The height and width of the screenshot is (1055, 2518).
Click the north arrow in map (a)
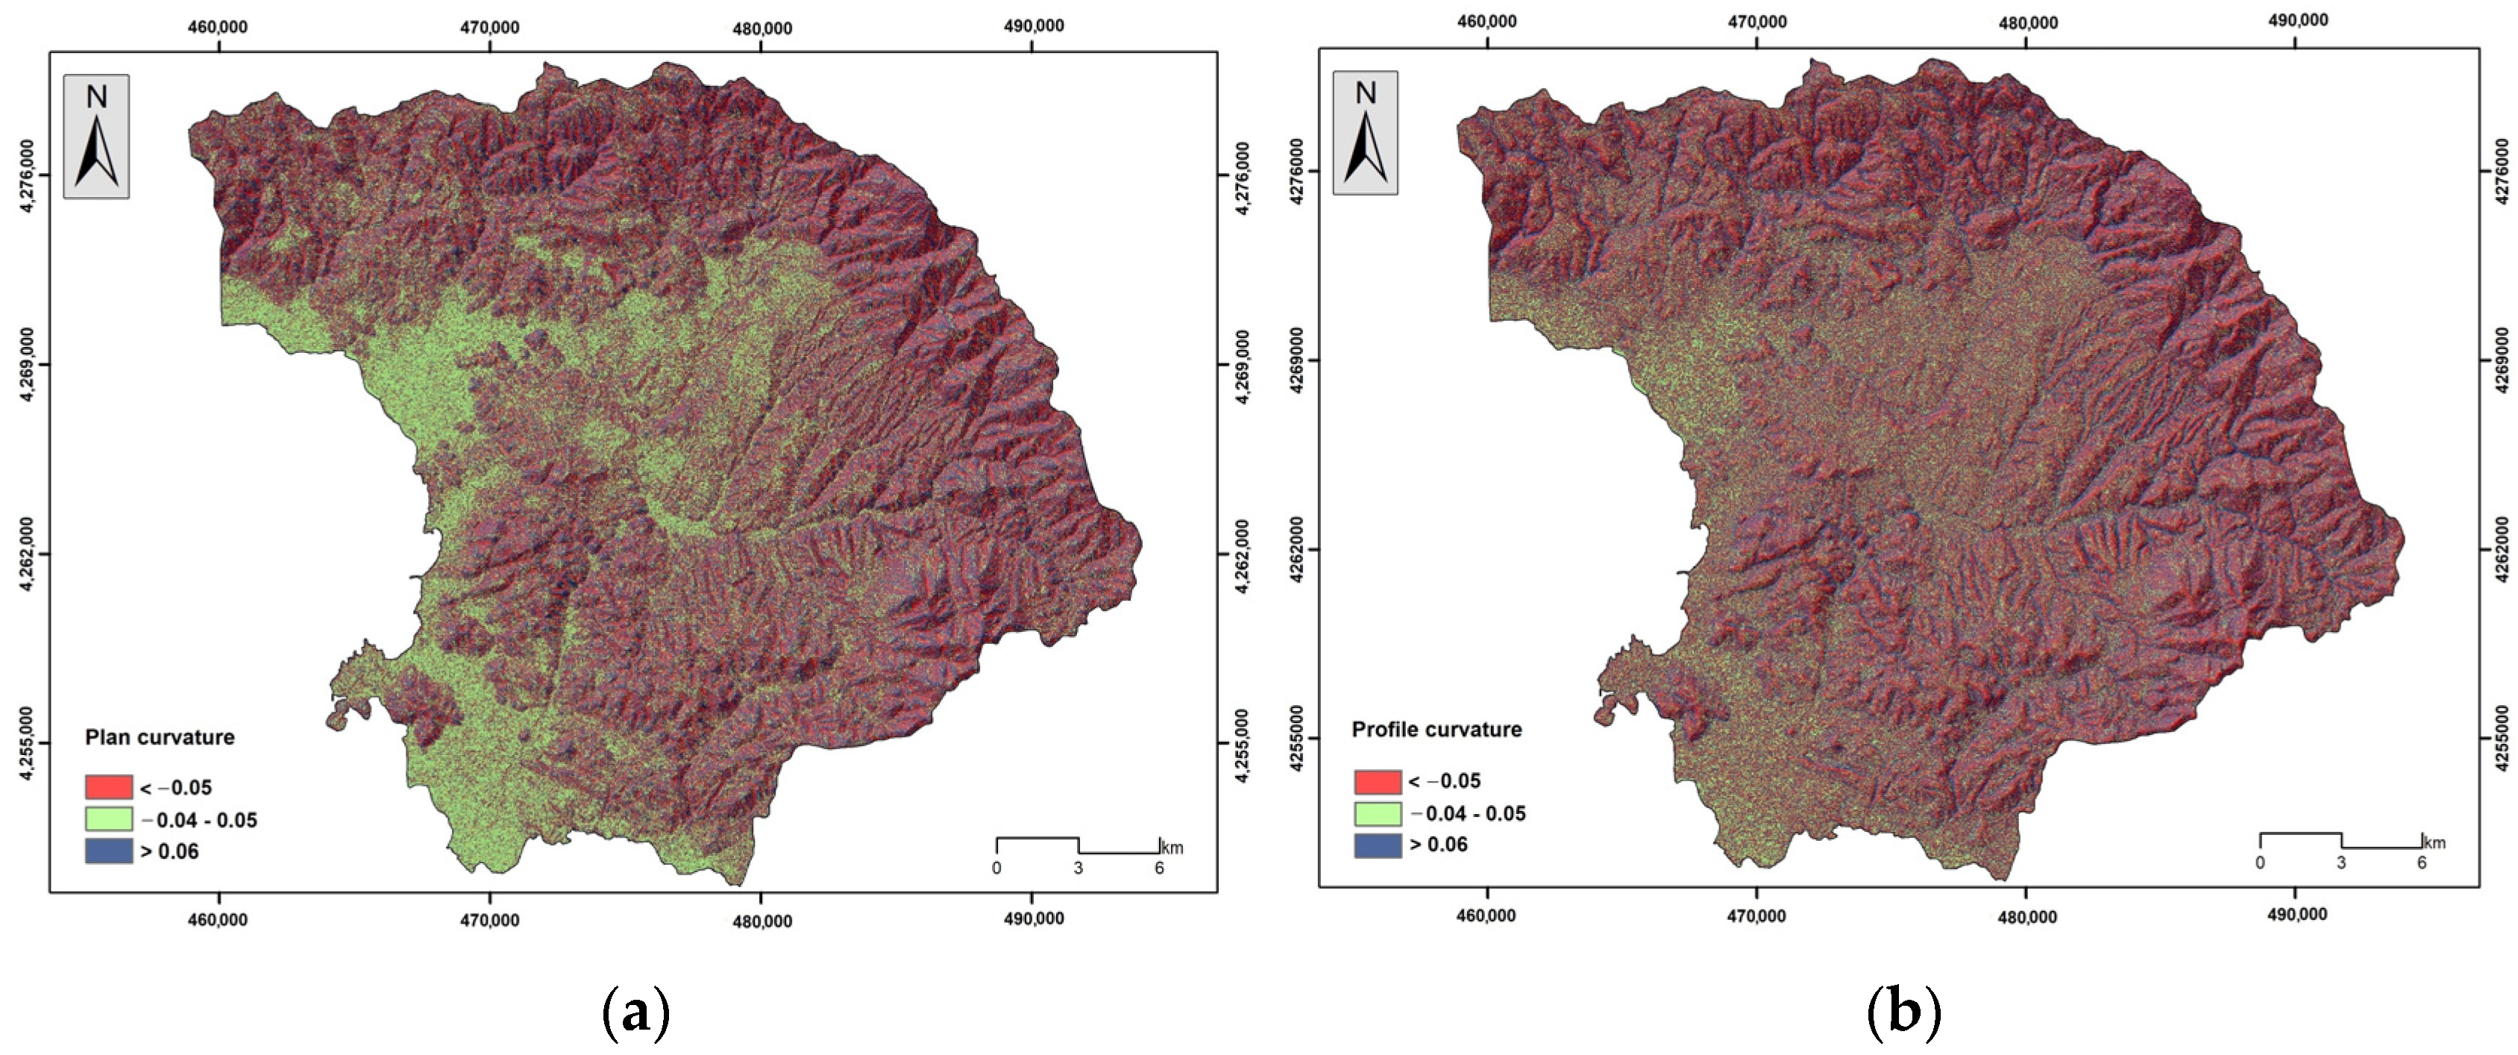[97, 137]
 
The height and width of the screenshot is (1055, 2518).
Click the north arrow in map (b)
[1366, 133]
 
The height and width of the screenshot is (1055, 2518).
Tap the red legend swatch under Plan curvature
[108, 787]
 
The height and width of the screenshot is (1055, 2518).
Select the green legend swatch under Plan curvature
[108, 819]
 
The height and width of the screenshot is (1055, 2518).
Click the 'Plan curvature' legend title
[160, 737]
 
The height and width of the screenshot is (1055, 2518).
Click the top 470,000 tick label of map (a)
[490, 28]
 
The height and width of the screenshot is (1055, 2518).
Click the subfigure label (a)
[636, 1014]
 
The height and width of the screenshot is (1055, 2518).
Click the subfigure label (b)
[1903, 1014]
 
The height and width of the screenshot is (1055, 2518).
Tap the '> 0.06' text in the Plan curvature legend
[170, 851]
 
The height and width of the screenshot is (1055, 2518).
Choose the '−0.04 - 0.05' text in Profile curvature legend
[1466, 813]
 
